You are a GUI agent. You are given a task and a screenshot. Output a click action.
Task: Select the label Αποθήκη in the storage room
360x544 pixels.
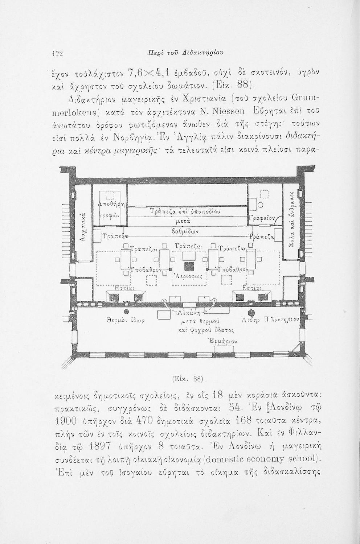click(112, 205)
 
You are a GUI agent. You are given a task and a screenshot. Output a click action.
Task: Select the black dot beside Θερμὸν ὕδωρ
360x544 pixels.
click(126, 312)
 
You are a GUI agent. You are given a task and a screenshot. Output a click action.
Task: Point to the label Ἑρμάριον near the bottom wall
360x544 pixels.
click(224, 342)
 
